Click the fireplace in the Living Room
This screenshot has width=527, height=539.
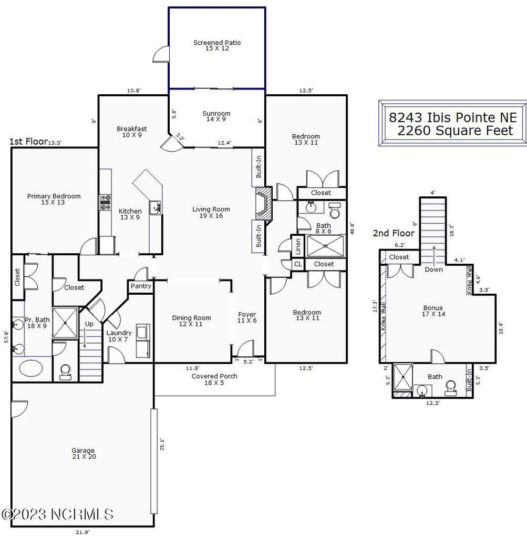tap(263, 205)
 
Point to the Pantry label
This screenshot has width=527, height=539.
tap(140, 286)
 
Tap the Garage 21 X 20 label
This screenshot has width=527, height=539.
tap(83, 453)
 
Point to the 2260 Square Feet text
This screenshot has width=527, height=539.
tap(454, 131)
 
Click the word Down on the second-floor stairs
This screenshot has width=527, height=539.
tap(433, 269)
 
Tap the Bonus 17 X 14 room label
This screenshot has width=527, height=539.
tap(433, 311)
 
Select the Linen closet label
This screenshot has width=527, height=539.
tap(297, 244)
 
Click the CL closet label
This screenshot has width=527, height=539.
tap(297, 264)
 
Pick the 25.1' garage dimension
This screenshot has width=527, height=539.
tap(162, 444)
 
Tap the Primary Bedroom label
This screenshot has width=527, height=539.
tap(54, 199)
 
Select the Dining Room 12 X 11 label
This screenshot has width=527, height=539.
tap(191, 321)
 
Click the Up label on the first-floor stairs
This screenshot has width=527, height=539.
tap(89, 324)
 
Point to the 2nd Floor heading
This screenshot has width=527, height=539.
tap(394, 233)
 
